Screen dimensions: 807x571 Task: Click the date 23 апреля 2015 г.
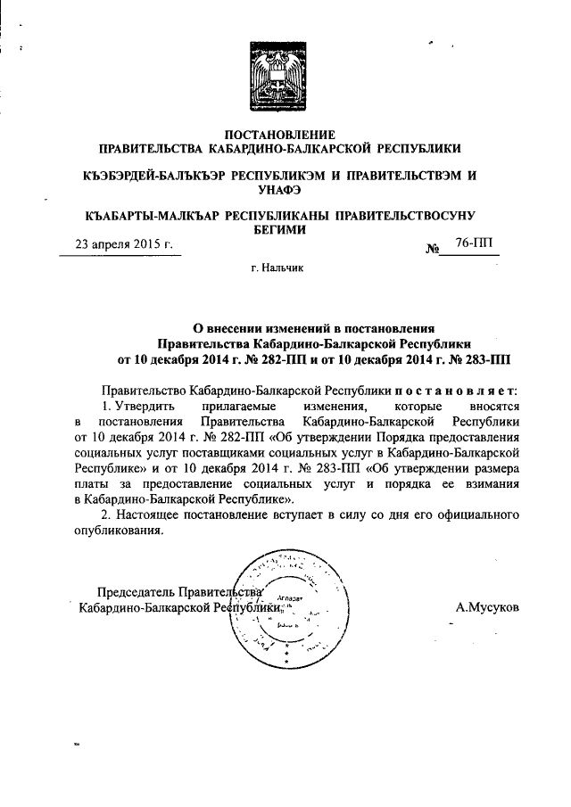pos(123,243)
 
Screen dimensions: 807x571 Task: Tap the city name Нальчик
pos(285,271)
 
